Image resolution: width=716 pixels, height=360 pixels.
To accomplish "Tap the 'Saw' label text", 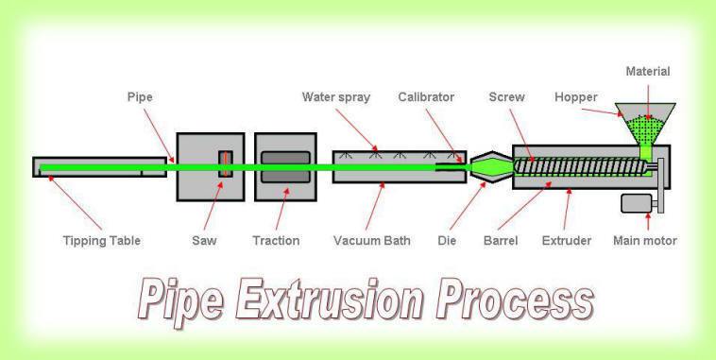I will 205,241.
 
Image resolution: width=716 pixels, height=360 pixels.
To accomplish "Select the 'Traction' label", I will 277,241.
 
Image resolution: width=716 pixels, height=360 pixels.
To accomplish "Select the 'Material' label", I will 648,72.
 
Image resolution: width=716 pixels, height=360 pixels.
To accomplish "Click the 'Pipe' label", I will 140,97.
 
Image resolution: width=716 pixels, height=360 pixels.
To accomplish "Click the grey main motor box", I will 638,204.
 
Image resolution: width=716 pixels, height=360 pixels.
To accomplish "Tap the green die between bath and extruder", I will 489,168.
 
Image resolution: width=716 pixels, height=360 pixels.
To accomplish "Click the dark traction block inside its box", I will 284,166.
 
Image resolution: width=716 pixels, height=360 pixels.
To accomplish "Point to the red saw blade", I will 225,163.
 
